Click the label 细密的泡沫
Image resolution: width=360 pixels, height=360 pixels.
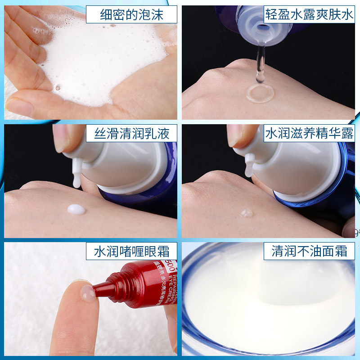click(x=131, y=16)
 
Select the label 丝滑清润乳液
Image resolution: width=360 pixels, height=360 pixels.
click(x=132, y=134)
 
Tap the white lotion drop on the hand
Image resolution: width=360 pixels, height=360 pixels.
click(x=76, y=209)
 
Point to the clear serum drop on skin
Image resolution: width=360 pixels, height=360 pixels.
click(x=247, y=213)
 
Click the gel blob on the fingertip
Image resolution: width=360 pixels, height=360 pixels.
click(x=87, y=293)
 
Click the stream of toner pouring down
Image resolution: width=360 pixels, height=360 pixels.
click(x=259, y=63)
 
